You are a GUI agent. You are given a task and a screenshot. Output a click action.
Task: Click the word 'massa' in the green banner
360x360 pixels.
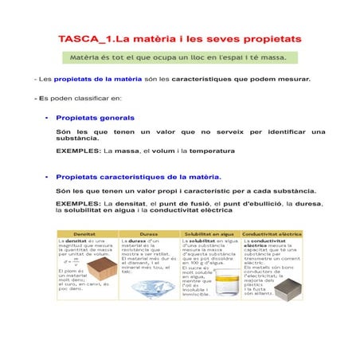pyautogui.click(x=274, y=58)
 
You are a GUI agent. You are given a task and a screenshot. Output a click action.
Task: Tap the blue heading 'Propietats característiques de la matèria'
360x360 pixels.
pyautogui.click(x=139, y=176)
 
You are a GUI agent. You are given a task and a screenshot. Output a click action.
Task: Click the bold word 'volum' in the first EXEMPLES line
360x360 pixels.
pyautogui.click(x=155, y=151)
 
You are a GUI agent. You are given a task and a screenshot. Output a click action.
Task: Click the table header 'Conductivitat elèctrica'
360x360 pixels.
pyautogui.click(x=272, y=234)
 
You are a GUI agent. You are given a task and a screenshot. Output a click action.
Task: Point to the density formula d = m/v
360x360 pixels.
pyautogui.click(x=72, y=259)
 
